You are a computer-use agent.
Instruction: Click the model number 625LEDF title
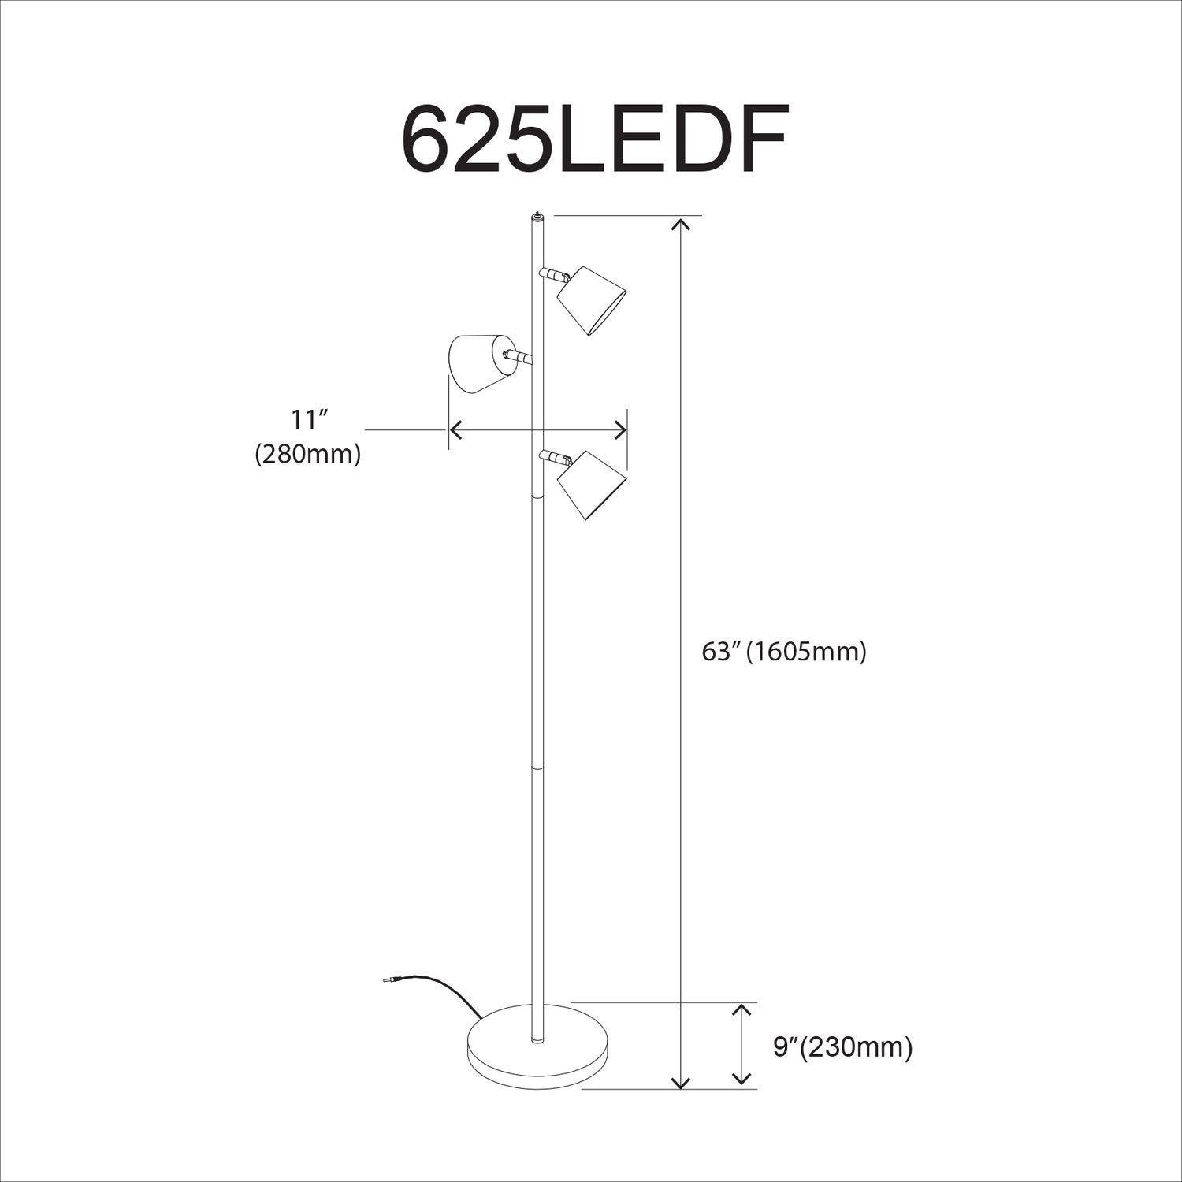594,139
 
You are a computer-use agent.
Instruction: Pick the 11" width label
308,420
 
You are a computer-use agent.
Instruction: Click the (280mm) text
308,455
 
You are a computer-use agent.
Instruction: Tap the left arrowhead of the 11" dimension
455,430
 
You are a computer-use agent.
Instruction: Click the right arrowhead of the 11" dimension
622,430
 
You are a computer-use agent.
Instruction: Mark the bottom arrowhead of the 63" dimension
681,1081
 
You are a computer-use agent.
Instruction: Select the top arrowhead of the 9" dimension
741,1011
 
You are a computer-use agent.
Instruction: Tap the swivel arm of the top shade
555,275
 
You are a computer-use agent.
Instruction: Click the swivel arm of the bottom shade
555,457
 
